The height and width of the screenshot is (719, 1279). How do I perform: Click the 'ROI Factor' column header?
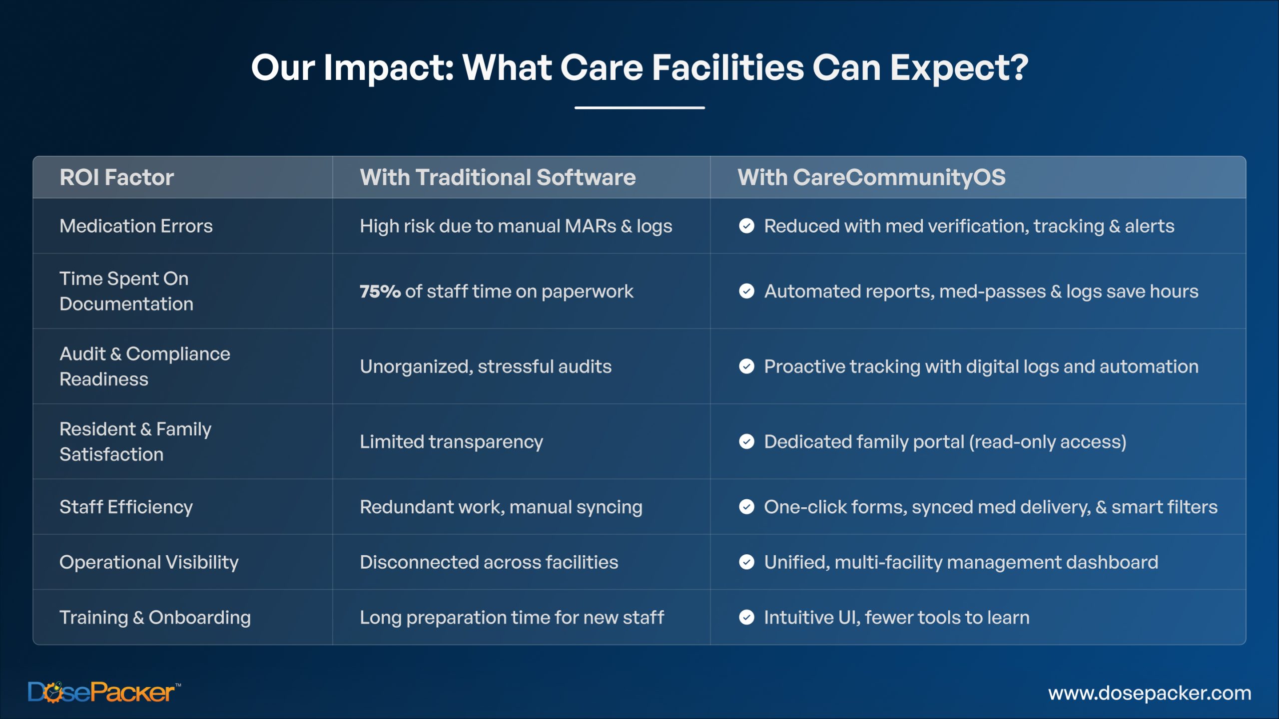[117, 177]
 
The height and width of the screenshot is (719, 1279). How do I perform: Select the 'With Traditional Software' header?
[498, 177]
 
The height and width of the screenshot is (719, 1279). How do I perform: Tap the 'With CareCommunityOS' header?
[871, 178]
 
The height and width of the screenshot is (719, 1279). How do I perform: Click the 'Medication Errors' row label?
[136, 226]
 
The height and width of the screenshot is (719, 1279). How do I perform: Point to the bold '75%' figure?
[380, 291]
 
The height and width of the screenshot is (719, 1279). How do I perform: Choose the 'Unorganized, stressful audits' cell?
[486, 366]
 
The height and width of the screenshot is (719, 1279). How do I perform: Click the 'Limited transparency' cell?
[451, 442]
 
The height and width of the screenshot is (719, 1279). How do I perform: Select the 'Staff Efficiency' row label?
[126, 507]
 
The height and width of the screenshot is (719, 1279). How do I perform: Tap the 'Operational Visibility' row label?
[149, 563]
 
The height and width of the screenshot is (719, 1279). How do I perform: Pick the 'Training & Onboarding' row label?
[155, 618]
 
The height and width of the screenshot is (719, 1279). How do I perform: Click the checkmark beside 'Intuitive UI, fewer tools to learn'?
[746, 618]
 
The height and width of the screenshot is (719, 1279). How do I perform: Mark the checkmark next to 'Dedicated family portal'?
[746, 441]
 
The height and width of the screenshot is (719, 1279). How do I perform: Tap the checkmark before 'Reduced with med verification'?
[746, 226]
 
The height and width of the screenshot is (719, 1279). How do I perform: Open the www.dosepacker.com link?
[1150, 693]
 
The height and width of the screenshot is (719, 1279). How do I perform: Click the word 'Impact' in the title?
[389, 68]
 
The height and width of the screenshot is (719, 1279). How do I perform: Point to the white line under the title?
[639, 107]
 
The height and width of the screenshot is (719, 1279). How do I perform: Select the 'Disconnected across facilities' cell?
[489, 563]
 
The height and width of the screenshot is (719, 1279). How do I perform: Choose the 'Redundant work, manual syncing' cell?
[501, 507]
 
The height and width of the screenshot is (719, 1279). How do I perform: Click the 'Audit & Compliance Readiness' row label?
[145, 366]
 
